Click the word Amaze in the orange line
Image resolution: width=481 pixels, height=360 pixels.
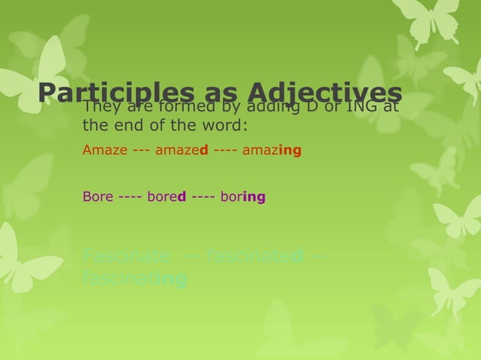[x=105, y=150]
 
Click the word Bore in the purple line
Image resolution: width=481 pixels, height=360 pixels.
[x=98, y=197]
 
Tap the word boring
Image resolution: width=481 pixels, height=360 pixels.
[x=243, y=197]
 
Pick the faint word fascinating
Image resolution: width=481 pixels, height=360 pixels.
[x=135, y=279]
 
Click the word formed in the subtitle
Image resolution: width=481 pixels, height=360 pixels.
[x=174, y=107]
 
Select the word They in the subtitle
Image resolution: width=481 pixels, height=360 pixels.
[x=100, y=107]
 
